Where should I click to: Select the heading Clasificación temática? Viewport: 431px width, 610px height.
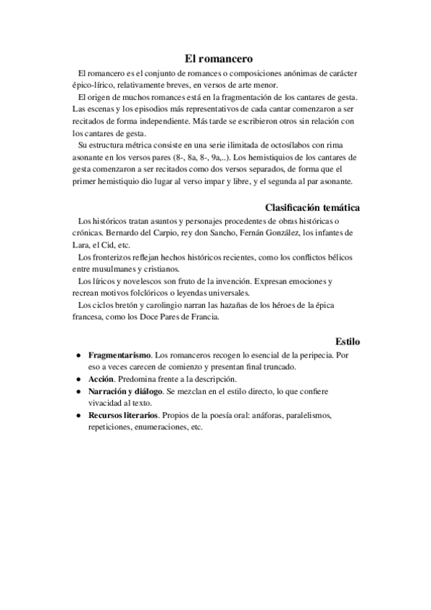tap(313, 207)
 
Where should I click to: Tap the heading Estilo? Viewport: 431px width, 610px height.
tap(348, 340)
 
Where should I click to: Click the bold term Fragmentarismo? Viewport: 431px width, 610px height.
tap(119, 355)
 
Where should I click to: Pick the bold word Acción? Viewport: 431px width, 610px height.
tap(102, 378)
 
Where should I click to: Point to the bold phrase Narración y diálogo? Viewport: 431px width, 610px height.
tap(125, 391)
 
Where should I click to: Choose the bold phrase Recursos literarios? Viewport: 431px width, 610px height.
tap(123, 415)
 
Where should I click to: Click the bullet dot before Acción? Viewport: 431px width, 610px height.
tap(78, 378)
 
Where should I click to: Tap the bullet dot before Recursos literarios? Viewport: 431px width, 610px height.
tap(78, 415)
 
